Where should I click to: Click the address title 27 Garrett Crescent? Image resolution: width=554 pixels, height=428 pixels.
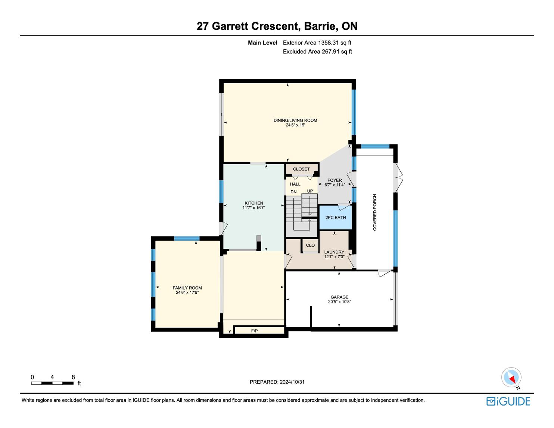pyautogui.click(x=247, y=26)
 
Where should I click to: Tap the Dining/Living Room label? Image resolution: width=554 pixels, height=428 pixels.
pyautogui.click(x=295, y=120)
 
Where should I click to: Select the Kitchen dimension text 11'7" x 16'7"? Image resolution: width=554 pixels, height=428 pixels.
pyautogui.click(x=254, y=207)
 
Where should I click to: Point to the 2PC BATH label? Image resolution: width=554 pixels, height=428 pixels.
pyautogui.click(x=336, y=218)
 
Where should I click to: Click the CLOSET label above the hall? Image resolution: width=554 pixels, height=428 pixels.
pyautogui.click(x=301, y=169)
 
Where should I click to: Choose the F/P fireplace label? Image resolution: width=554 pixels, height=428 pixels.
pyautogui.click(x=255, y=331)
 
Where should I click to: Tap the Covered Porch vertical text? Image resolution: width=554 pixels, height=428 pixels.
pyautogui.click(x=374, y=212)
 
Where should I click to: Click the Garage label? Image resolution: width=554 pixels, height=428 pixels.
pyautogui.click(x=339, y=297)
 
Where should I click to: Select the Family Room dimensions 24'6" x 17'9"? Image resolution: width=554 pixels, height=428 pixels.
pyautogui.click(x=187, y=293)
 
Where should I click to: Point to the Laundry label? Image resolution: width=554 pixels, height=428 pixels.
pyautogui.click(x=334, y=252)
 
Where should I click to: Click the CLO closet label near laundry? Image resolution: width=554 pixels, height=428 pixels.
pyautogui.click(x=310, y=245)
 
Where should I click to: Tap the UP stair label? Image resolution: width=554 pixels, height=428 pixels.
pyautogui.click(x=310, y=191)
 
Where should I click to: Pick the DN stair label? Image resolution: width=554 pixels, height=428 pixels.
pyautogui.click(x=293, y=192)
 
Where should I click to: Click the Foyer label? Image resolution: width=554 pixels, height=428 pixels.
pyautogui.click(x=335, y=180)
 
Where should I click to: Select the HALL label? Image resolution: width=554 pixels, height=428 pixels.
pyautogui.click(x=295, y=184)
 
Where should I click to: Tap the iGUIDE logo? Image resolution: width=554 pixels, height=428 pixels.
pyautogui.click(x=508, y=402)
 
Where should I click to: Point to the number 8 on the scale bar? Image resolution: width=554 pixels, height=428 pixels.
pyautogui.click(x=73, y=377)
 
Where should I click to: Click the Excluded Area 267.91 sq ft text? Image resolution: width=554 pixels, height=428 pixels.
pyautogui.click(x=317, y=52)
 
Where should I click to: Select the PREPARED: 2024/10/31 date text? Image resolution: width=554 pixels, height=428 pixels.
pyautogui.click(x=277, y=382)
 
